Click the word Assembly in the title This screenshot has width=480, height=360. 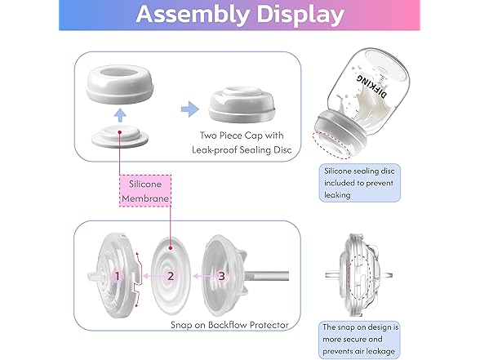(192, 15)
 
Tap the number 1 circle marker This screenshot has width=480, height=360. (117, 276)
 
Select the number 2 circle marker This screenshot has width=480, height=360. (171, 276)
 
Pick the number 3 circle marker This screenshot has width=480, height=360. (221, 276)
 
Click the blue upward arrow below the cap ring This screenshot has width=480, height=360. (120, 115)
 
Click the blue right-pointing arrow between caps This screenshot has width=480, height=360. (189, 109)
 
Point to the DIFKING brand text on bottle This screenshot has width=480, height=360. (371, 86)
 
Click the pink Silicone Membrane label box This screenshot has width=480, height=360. (145, 191)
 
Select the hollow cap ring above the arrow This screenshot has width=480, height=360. (120, 83)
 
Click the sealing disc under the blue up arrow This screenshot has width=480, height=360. (120, 136)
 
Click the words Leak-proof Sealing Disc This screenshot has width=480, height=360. (242, 150)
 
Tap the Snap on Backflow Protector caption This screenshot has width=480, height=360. (229, 325)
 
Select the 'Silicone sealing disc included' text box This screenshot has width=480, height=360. (360, 183)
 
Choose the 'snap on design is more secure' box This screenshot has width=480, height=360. (360, 340)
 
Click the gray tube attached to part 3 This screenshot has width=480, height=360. (266, 276)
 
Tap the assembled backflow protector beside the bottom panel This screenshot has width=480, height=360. (359, 276)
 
